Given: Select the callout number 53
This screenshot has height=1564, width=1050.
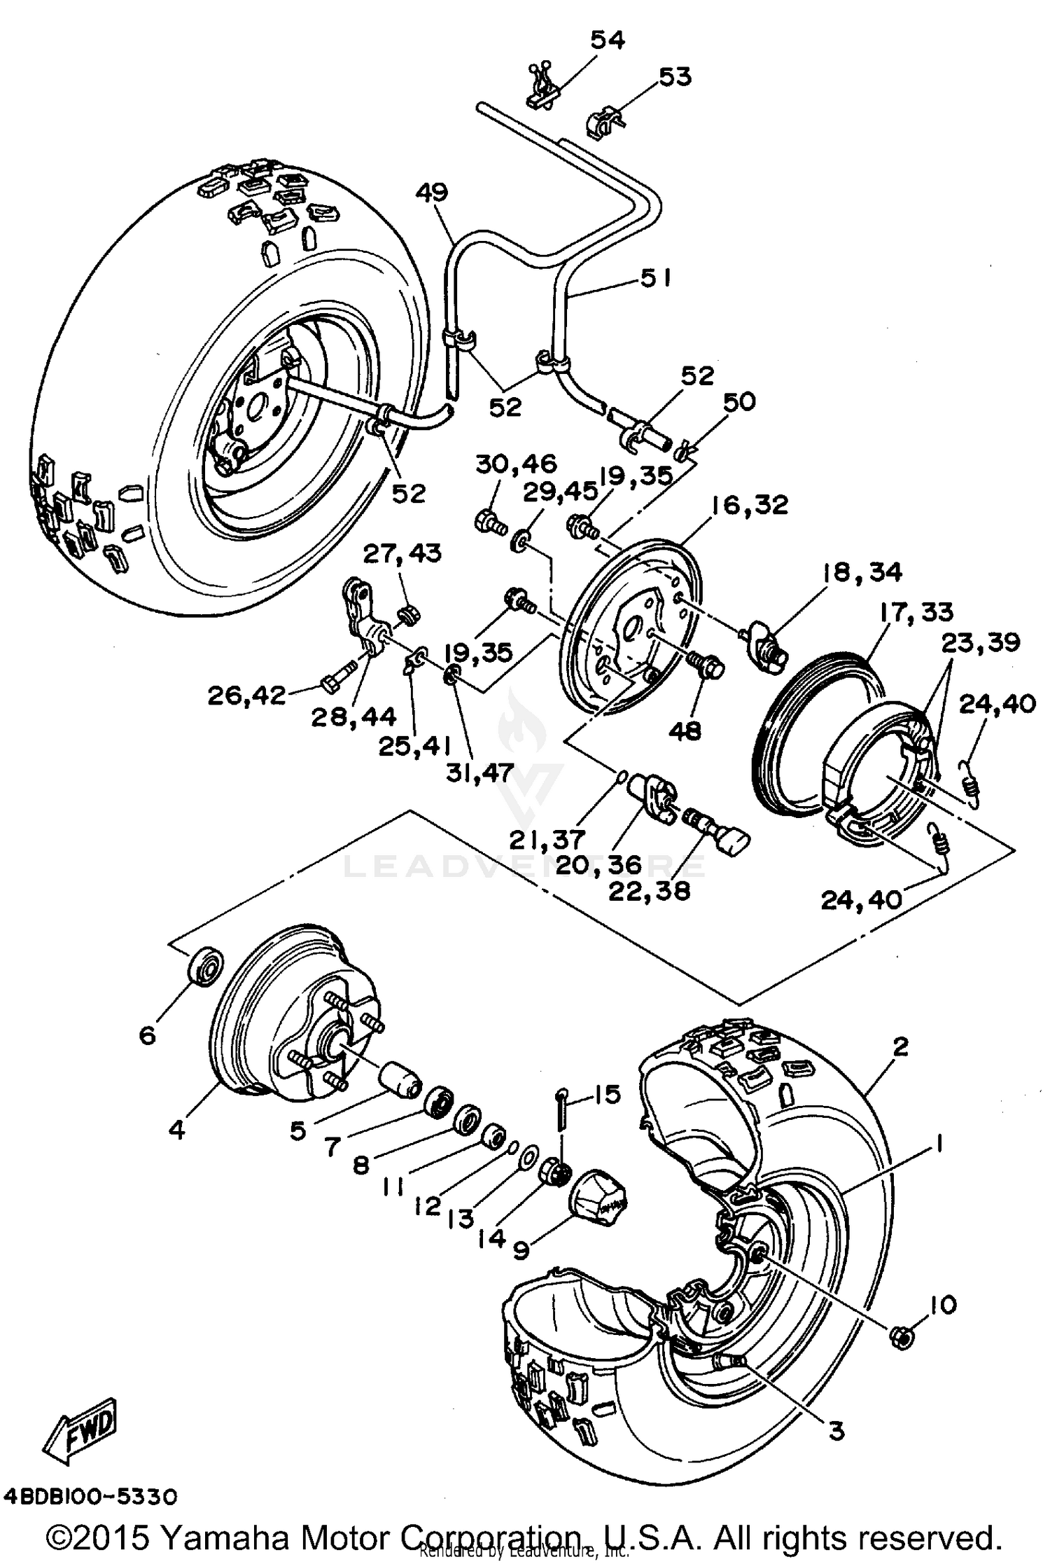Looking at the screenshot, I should coord(675,76).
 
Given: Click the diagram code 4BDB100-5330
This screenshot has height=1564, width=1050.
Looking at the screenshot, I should coord(90,1497).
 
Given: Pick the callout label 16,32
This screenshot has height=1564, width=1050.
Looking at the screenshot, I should coord(750,505).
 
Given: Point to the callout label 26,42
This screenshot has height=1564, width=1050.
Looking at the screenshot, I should coord(246,696).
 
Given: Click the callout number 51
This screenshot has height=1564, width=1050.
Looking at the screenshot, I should coord(655,279).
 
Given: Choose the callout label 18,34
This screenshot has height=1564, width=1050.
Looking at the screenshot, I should coord(862,572).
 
